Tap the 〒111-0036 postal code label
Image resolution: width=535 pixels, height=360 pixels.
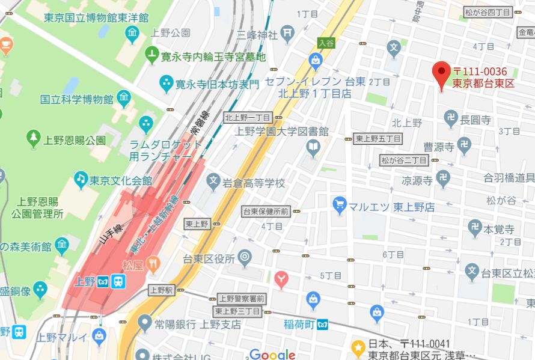click(483, 72)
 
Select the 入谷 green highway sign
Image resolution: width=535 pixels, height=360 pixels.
click(326, 43)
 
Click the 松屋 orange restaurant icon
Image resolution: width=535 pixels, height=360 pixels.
click(154, 263)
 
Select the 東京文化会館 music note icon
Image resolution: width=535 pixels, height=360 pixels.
click(81, 179)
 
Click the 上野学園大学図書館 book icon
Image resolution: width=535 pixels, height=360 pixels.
click(313, 147)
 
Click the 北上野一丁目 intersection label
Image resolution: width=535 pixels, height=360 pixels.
click(248, 117)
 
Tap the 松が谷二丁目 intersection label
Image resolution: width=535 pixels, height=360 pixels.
click(404, 160)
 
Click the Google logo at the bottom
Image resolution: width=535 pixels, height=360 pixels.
click(272, 354)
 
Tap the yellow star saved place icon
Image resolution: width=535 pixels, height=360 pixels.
click(358, 347)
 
